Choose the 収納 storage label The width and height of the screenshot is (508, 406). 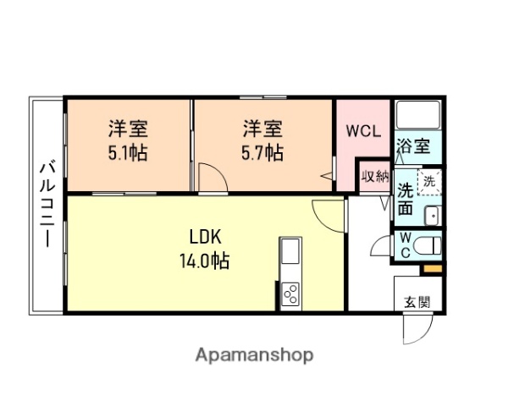[374, 177]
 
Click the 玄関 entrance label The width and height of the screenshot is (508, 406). [416, 301]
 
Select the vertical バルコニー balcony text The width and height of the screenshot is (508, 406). [46, 205]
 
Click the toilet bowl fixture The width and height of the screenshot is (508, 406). [428, 247]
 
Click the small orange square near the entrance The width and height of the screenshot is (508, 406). [432, 269]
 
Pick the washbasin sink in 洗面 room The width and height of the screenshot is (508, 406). [432, 215]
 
